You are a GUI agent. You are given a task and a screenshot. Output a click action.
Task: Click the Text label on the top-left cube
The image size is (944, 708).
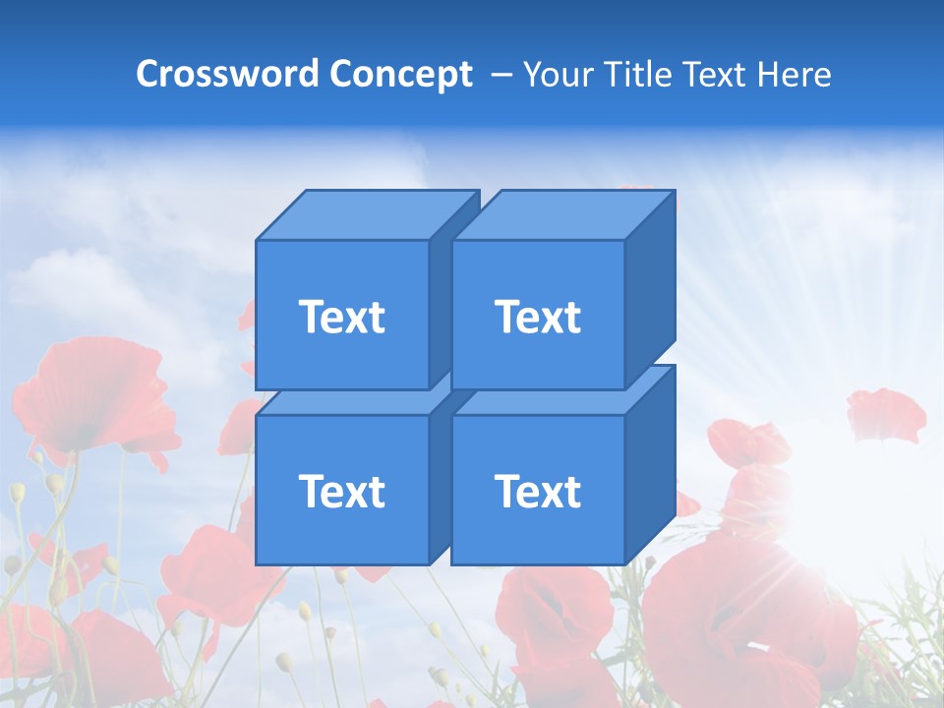coord(341,317)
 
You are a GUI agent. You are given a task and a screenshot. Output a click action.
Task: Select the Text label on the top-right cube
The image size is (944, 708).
coord(538,317)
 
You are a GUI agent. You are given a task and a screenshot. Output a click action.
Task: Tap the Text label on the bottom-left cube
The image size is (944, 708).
coord(341,491)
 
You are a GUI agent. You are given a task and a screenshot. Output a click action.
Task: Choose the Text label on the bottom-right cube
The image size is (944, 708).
coord(538,491)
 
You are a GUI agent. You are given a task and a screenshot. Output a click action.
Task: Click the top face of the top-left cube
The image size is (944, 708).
coord(367,215)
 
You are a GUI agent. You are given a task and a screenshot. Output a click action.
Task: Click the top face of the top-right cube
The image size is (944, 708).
coord(562,215)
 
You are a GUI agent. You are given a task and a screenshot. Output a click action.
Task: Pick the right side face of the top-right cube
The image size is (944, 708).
coord(650,290)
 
